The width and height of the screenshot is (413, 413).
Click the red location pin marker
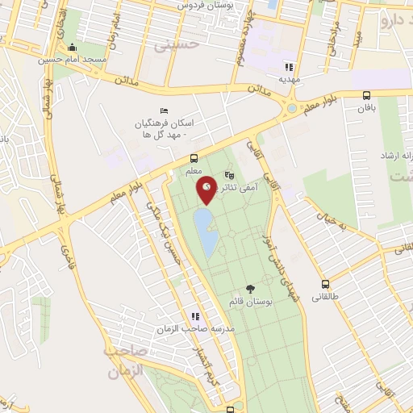[x=207, y=189]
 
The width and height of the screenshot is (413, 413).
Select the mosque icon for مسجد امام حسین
[x=73, y=47]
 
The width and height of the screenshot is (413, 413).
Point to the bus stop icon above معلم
[x=194, y=158]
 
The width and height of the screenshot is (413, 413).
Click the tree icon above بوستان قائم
[x=250, y=288]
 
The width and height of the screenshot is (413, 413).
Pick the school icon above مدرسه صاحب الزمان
[x=194, y=316]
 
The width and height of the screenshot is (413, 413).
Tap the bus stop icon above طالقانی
[x=325, y=284]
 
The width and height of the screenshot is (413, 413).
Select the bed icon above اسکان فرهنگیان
[x=165, y=111]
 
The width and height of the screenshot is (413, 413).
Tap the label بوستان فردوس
[x=206, y=6]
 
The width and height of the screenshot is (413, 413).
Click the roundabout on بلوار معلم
[x=291, y=108]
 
